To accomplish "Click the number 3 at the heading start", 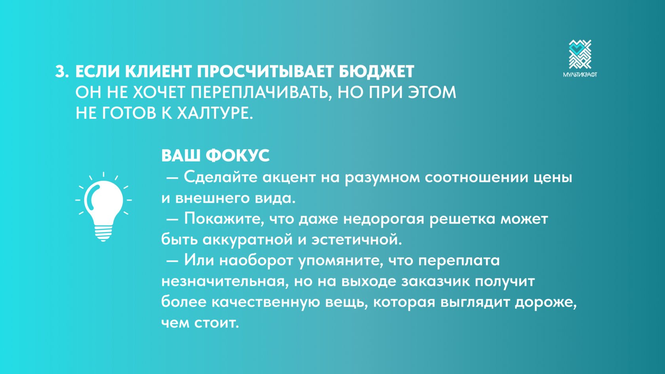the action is tap(61, 72).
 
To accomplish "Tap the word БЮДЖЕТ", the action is tap(376, 72).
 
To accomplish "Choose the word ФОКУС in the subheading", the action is tap(238, 155).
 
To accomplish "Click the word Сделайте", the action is tap(220, 177).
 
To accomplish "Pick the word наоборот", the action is tap(256, 260).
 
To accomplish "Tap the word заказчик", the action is tap(435, 281).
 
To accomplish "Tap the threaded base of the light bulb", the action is tap(103, 234).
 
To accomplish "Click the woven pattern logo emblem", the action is tap(580, 54).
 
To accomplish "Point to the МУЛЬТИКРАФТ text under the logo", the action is tap(580, 74).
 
